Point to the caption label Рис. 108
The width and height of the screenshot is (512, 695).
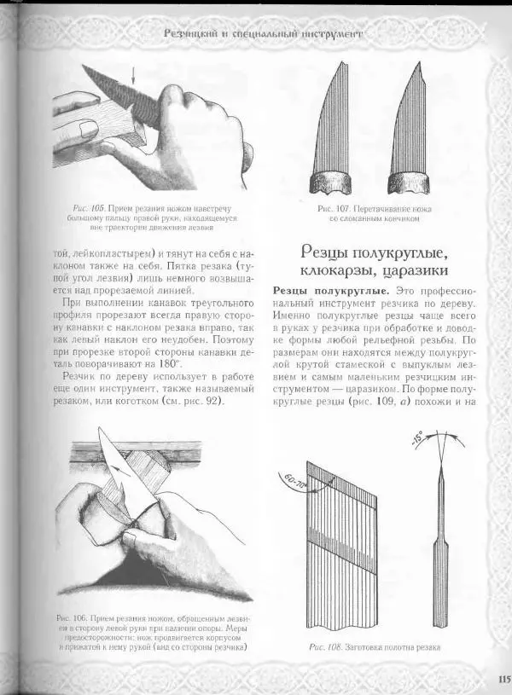point(323,647)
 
